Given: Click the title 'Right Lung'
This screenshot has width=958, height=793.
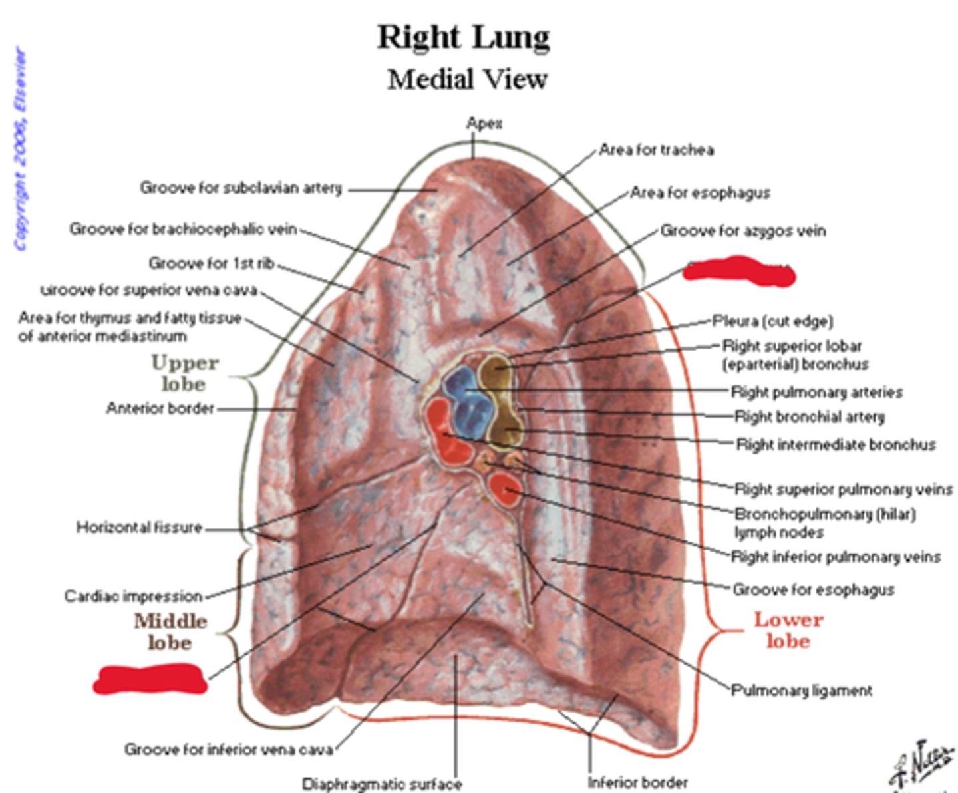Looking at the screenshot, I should pyautogui.click(x=464, y=37).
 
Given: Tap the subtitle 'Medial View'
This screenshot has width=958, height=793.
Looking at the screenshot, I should pyautogui.click(x=467, y=80).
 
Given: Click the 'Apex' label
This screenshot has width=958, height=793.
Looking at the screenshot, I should pyautogui.click(x=484, y=124).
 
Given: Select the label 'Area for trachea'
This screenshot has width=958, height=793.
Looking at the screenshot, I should pyautogui.click(x=656, y=150).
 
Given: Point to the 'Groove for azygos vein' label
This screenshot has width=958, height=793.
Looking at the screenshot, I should pyautogui.click(x=742, y=231).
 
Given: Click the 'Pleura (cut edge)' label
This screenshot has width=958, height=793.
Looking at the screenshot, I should pyautogui.click(x=772, y=321).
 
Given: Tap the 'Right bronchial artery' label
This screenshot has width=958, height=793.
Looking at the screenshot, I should pyautogui.click(x=810, y=417).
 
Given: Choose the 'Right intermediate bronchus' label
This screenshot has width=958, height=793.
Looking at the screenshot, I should pyautogui.click(x=836, y=444).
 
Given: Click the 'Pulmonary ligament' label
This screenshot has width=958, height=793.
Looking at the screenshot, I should pyautogui.click(x=802, y=691).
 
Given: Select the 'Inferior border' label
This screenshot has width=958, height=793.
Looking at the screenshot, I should pyautogui.click(x=637, y=782).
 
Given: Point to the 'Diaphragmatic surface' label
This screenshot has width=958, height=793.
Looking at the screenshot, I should pyautogui.click(x=382, y=784).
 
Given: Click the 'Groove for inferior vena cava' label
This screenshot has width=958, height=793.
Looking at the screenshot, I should pyautogui.click(x=229, y=750).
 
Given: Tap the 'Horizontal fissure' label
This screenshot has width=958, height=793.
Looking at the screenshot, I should pyautogui.click(x=139, y=528).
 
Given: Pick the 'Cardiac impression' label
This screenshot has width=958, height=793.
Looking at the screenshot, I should pyautogui.click(x=133, y=596).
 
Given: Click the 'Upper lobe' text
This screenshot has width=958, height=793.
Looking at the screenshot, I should pyautogui.click(x=184, y=373).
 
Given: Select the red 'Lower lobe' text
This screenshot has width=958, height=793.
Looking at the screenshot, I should pyautogui.click(x=788, y=630).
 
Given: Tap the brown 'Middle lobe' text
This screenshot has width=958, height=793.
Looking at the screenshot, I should pyautogui.click(x=170, y=631).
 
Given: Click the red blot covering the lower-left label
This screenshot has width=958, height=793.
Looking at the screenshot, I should pyautogui.click(x=150, y=679).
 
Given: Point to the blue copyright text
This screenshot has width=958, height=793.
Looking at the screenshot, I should pyautogui.click(x=21, y=149).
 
